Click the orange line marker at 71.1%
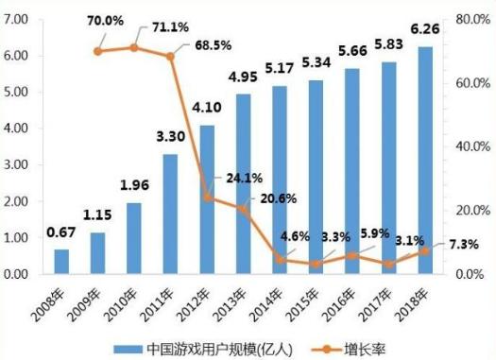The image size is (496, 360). (133, 47)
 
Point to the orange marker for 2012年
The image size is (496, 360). (207, 197)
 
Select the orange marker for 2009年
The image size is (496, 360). (97, 51)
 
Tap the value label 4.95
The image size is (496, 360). (243, 77)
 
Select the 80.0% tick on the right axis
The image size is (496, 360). (470, 19)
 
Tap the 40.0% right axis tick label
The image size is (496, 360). (470, 146)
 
